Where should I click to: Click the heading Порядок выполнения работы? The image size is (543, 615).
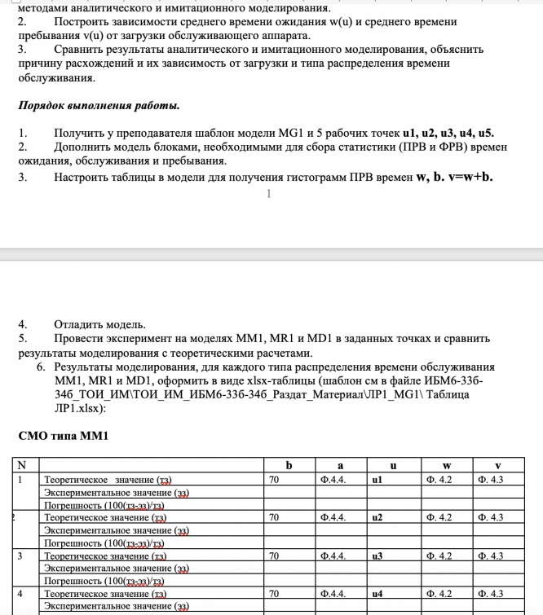click(99, 107)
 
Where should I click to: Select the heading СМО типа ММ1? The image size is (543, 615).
click(63, 436)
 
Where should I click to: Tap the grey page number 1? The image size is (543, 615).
click(267, 193)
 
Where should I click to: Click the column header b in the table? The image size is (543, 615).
click(289, 466)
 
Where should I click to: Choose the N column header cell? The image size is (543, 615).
click(23, 466)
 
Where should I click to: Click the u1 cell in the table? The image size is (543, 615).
click(377, 480)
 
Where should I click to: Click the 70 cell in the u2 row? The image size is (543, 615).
click(275, 517)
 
